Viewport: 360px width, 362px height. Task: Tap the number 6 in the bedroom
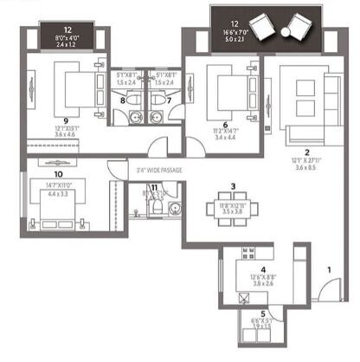pos(225,124)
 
